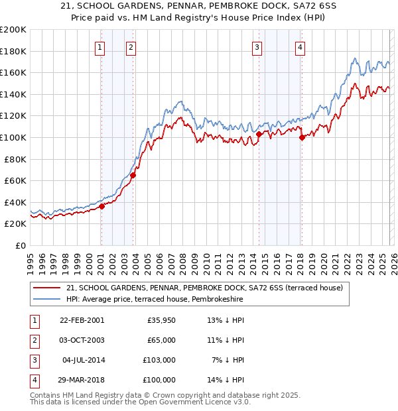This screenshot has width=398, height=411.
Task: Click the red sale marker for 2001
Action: click(102, 206)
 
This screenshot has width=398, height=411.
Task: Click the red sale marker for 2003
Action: click(133, 176)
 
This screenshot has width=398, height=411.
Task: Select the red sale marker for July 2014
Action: click(259, 135)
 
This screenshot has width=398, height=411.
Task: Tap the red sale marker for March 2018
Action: click(302, 138)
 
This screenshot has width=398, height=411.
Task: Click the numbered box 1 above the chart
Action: click(99, 47)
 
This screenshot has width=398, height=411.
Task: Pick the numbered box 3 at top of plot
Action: click(257, 47)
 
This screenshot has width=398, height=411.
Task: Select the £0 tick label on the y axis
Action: click(20, 245)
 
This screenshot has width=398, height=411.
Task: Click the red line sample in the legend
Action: click(46, 288)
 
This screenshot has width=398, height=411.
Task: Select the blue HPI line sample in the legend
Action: click(46, 300)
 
